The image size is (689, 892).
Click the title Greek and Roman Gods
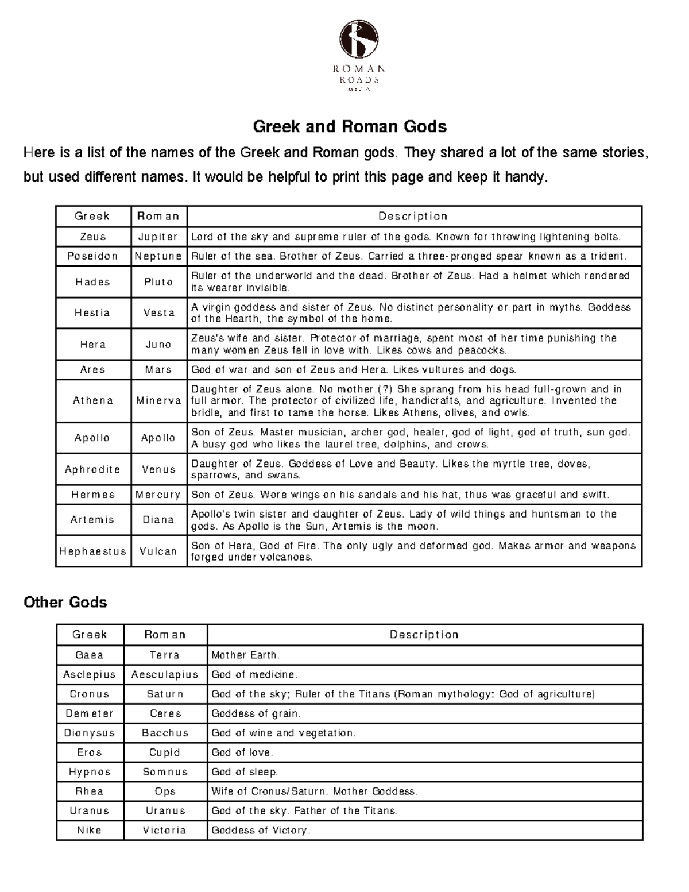click(350, 126)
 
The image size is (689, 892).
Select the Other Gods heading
click(65, 602)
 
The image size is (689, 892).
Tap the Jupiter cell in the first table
click(158, 237)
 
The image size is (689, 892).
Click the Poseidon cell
click(92, 256)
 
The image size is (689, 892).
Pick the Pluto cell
click(158, 282)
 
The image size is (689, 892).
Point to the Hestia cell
click(92, 313)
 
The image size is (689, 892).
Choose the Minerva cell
click(158, 400)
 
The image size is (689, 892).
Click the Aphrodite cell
click(92, 469)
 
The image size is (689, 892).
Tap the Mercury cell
click(158, 495)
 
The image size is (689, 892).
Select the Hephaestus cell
click(92, 551)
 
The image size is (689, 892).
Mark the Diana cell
click(158, 520)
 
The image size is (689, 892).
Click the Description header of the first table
click(413, 216)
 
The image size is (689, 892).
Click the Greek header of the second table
click(90, 634)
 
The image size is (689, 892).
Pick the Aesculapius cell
click(165, 674)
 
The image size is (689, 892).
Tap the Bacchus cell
click(165, 733)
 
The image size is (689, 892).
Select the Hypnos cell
click(90, 772)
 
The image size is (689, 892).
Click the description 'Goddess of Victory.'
click(261, 830)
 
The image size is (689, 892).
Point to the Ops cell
click(165, 791)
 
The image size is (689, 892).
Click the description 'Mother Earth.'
click(246, 655)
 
